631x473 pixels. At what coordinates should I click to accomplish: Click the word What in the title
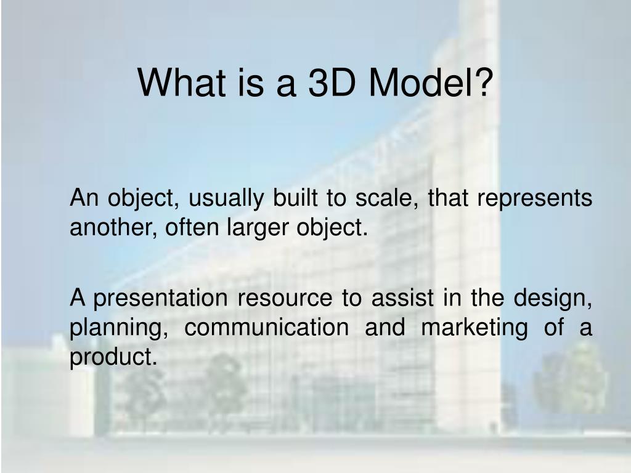tap(182, 83)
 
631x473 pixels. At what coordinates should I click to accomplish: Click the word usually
tap(226, 199)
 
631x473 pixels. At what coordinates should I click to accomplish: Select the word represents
tap(535, 200)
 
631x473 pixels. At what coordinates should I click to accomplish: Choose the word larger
tap(258, 228)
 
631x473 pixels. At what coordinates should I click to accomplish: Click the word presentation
tap(161, 299)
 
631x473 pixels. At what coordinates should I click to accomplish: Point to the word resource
tap(285, 299)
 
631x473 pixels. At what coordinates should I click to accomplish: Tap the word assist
tap(402, 298)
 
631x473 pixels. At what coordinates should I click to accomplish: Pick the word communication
tap(267, 327)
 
